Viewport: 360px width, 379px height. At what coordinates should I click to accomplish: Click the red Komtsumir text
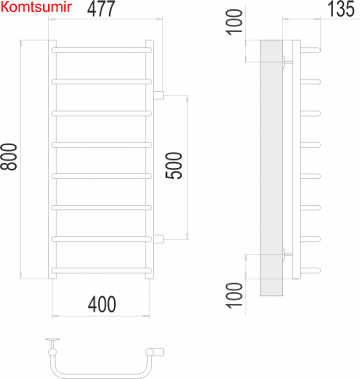36,8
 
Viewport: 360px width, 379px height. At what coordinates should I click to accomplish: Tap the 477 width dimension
101,8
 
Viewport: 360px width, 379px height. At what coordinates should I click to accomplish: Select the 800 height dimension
8,157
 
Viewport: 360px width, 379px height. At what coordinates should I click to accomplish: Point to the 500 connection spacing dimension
174,165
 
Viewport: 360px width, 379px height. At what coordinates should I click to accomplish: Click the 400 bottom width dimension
101,304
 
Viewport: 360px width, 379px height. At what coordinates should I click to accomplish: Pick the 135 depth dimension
341,8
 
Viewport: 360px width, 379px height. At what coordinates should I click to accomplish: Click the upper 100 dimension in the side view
234,22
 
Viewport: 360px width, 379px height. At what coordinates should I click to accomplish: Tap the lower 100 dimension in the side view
234,295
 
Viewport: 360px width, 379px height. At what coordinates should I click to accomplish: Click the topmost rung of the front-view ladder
101,51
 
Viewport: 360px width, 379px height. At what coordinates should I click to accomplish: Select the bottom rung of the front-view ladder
101,271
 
